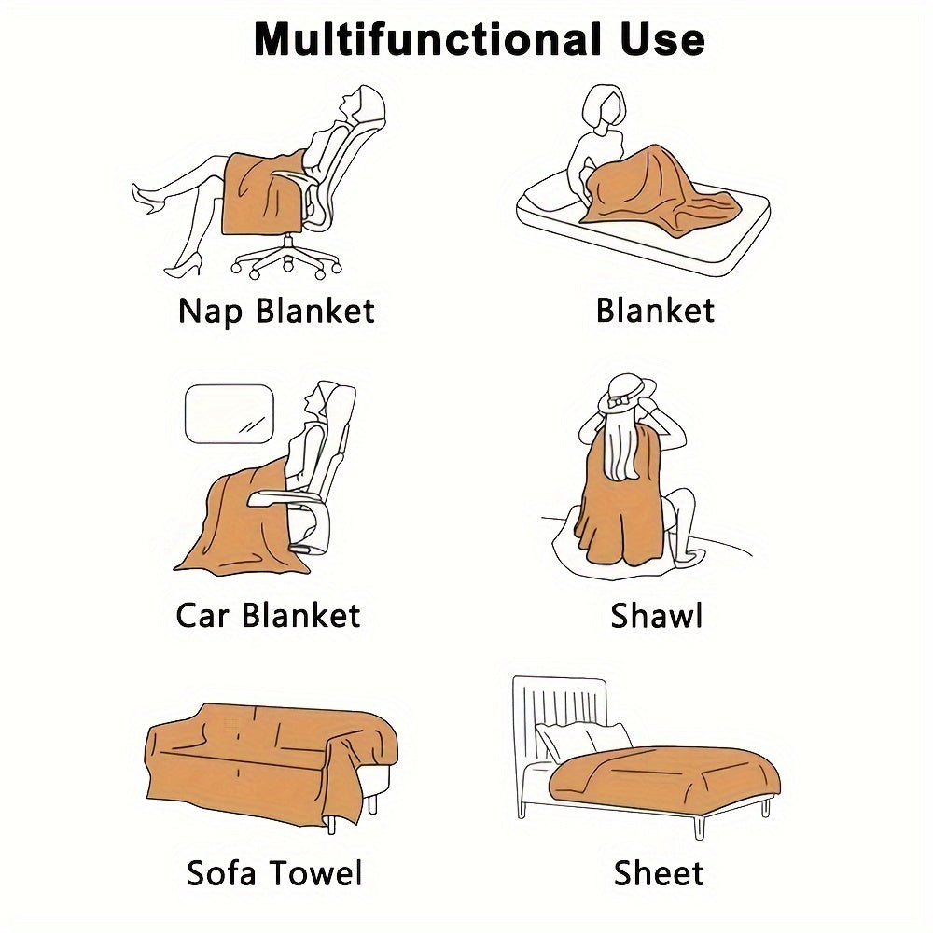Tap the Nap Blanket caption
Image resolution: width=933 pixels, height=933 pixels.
276,312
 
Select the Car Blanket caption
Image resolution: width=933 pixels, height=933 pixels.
268,615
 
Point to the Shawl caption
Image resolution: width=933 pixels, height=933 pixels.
656,615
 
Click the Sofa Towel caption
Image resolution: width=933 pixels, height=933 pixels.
274,873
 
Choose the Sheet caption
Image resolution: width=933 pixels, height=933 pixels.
658,873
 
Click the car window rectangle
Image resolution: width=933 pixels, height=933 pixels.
230,413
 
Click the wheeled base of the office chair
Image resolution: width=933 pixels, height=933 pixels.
287,259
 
